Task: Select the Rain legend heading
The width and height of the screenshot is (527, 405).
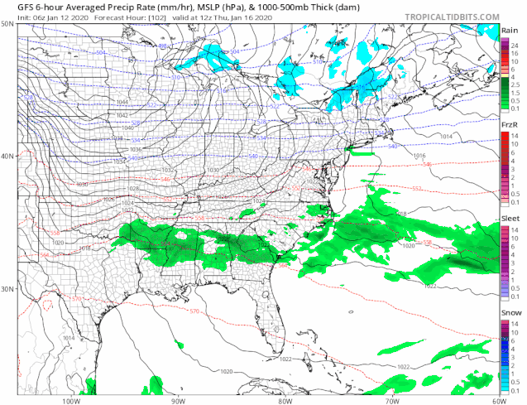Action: click(x=510, y=30)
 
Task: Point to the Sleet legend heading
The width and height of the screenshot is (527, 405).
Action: click(x=510, y=218)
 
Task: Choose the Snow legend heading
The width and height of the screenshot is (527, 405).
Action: click(x=510, y=312)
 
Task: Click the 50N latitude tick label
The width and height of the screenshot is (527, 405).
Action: click(x=7, y=25)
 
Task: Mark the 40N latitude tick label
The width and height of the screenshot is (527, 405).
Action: click(x=7, y=156)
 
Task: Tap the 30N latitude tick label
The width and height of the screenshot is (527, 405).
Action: click(x=7, y=289)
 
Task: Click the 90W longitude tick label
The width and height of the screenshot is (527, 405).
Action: click(x=176, y=399)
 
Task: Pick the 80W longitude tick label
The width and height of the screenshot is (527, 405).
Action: click(x=283, y=399)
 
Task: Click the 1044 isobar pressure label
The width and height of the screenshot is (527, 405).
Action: click(x=122, y=102)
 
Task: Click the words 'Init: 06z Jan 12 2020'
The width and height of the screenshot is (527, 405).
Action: click(x=41, y=16)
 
